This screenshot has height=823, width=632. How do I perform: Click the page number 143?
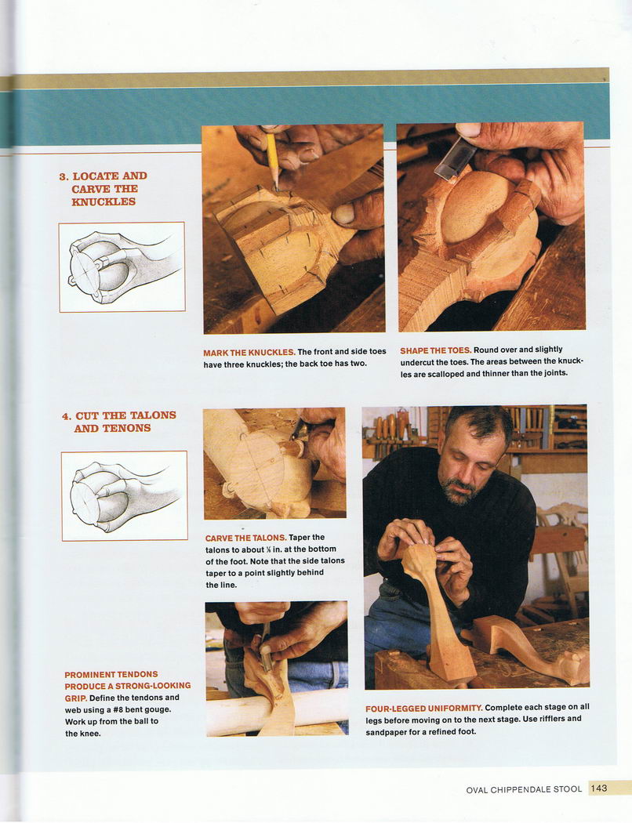point(598,789)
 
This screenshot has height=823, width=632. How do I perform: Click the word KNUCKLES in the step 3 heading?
point(104,201)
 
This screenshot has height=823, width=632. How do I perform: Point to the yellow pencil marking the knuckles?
point(272,160)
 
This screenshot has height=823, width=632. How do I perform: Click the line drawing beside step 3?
point(122,267)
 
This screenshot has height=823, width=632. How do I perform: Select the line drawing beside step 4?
point(125,495)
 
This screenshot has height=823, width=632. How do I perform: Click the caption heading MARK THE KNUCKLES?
point(249,352)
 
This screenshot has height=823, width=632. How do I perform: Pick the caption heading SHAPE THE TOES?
point(436,350)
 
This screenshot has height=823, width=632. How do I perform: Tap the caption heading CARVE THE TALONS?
point(245,538)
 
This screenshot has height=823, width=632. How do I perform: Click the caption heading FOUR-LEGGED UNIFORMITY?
point(424,708)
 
